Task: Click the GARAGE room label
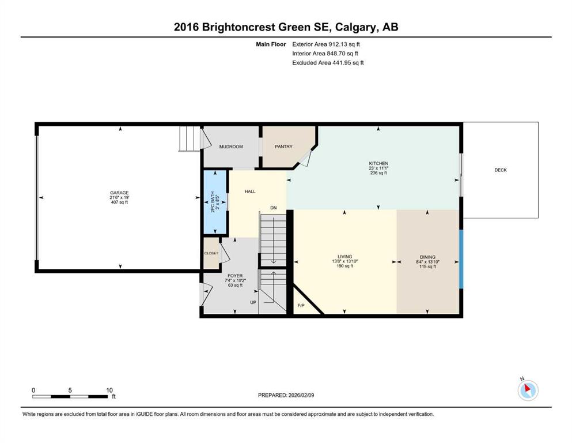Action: pos(119,193)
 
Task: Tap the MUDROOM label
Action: pos(231,147)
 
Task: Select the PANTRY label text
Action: pos(283,146)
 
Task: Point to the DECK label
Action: pos(501,170)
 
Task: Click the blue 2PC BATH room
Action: pos(215,202)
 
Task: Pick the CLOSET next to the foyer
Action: pos(211,253)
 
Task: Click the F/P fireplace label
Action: pos(301,305)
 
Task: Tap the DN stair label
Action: pos(273,208)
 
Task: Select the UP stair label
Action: pos(253,302)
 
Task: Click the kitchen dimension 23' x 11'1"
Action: pos(378,168)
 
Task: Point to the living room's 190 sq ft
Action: pos(344,266)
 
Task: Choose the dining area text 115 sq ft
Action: pos(427,266)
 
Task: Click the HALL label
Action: pos(250,192)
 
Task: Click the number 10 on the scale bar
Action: pos(109,390)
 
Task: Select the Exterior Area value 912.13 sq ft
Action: pos(344,44)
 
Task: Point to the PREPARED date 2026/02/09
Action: pos(301,395)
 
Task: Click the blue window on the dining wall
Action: pos(461,259)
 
